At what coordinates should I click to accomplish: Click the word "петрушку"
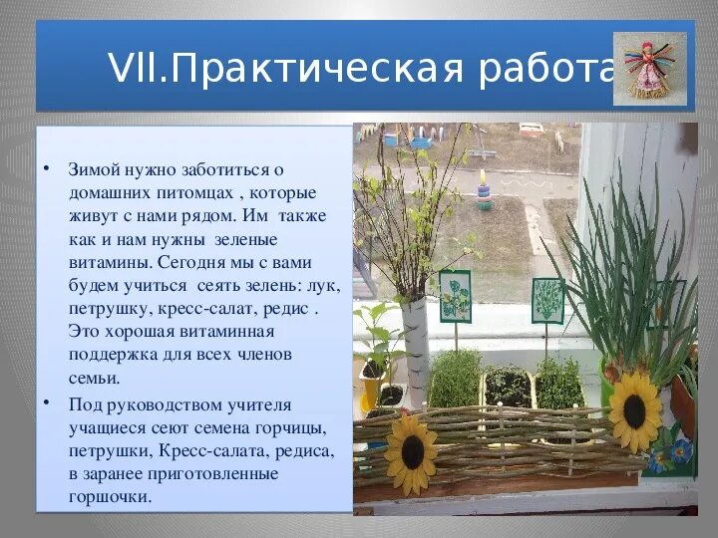click(109, 309)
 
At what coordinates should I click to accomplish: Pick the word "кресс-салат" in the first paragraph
click(196, 309)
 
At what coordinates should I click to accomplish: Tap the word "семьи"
click(94, 378)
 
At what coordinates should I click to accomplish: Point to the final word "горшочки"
click(110, 495)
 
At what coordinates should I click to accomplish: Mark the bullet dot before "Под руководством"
click(48, 402)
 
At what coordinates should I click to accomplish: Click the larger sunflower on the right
click(635, 410)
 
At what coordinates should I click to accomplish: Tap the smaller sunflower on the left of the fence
click(410, 455)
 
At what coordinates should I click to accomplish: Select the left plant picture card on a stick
click(455, 296)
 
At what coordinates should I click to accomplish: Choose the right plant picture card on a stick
click(547, 299)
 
